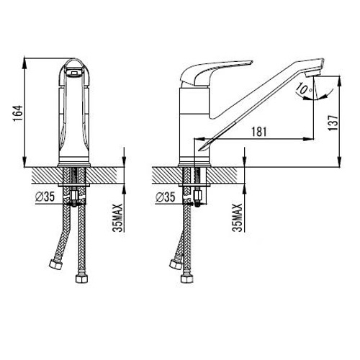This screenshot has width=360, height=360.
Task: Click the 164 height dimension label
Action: [x=18, y=113]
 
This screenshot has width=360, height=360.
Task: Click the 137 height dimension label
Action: [x=333, y=122]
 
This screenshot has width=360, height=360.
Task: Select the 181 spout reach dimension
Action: [x=259, y=132]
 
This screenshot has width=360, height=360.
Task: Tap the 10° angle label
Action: [x=303, y=89]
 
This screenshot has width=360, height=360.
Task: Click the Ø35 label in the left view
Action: [x=45, y=197]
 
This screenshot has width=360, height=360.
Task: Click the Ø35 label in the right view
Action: [x=166, y=197]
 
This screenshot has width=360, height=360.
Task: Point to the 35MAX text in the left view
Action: [x=118, y=218]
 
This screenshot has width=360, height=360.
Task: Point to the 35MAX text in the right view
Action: [x=238, y=218]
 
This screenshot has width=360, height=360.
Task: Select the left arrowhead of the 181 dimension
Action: [x=199, y=139]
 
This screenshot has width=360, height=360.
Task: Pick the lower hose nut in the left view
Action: [x=82, y=279]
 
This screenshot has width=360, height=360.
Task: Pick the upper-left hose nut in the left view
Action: [x=55, y=264]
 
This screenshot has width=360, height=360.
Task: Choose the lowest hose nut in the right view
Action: [x=187, y=279]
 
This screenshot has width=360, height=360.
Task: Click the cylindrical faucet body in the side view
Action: [x=194, y=125]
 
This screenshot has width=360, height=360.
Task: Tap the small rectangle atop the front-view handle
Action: [x=74, y=73]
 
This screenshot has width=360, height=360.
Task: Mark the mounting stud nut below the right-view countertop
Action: [x=198, y=197]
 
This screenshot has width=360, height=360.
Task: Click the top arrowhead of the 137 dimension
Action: [x=339, y=81]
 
